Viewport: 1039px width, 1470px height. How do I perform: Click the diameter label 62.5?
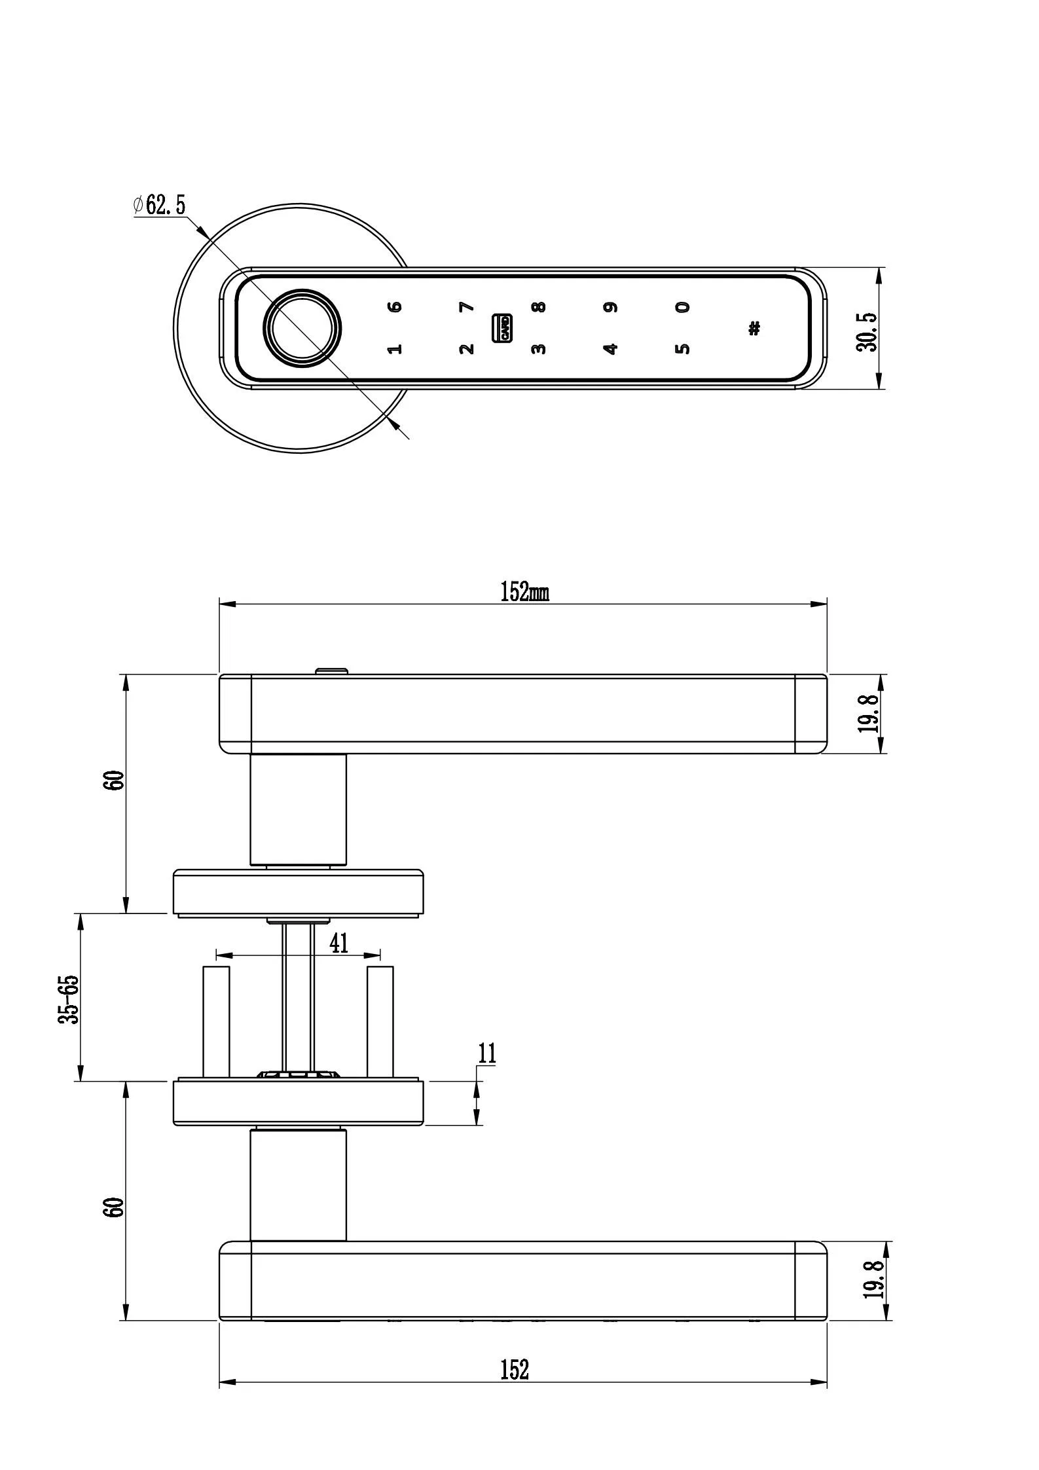coord(160,206)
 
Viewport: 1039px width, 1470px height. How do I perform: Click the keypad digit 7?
coord(465,306)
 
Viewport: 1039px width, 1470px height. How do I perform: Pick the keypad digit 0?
coord(682,306)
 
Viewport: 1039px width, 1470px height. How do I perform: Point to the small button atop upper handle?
coord(332,671)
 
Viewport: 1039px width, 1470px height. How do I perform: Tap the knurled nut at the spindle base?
coord(299,1075)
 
